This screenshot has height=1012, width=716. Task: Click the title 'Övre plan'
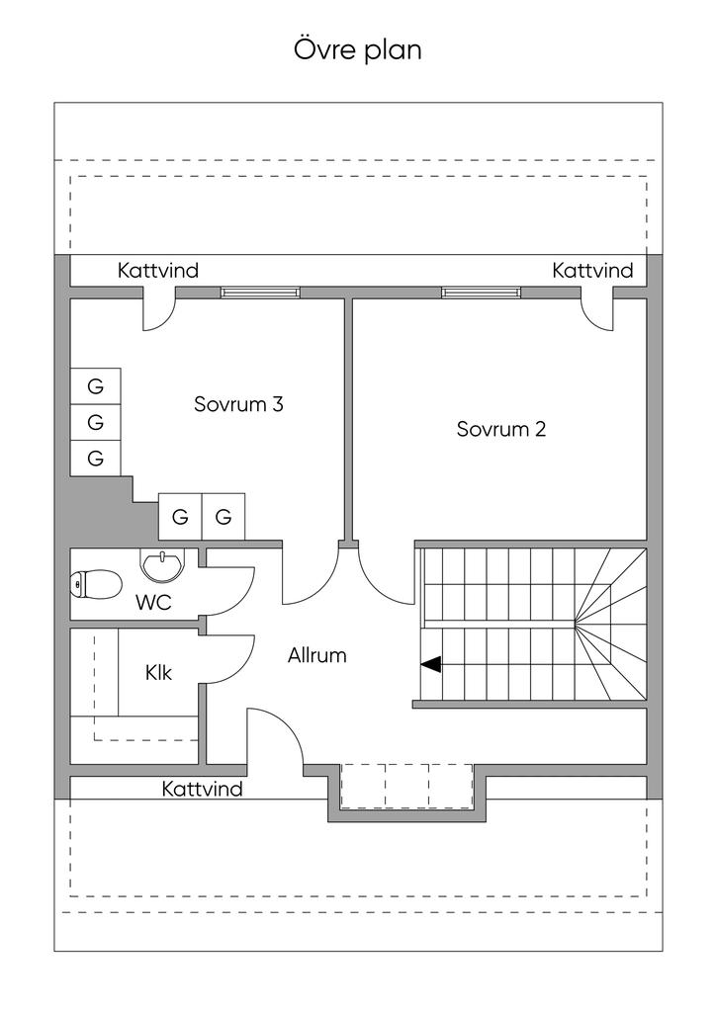point(357,49)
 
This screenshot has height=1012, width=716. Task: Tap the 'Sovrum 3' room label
point(239,404)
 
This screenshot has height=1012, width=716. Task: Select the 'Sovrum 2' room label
point(501,429)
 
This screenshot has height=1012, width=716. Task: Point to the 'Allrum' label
point(317,654)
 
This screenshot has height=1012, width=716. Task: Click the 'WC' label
point(154,602)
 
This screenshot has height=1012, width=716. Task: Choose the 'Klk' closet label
point(158,673)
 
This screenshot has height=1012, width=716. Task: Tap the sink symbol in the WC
point(162,565)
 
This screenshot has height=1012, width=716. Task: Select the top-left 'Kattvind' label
point(158,270)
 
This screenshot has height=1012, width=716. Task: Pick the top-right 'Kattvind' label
point(592,270)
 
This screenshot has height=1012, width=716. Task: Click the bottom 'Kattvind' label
point(203,789)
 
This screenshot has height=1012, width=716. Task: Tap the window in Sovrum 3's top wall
point(260,293)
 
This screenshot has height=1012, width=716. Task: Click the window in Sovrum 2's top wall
point(481,293)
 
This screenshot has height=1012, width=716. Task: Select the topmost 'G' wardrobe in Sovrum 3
point(96,386)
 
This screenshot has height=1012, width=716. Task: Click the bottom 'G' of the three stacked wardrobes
point(96,458)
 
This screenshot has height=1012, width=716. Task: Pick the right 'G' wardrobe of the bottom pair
point(224,517)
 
